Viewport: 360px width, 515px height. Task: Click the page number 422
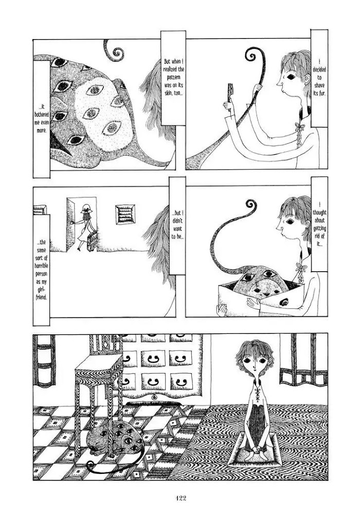(181, 498)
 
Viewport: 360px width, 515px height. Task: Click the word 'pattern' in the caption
(174, 78)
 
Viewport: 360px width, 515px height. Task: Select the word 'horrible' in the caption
(42, 265)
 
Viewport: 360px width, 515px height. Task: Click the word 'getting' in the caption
(319, 228)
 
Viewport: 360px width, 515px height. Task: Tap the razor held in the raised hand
(230, 93)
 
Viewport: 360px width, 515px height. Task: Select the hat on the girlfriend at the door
(86, 208)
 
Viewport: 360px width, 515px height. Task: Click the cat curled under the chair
(114, 437)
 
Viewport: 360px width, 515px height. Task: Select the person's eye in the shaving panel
(291, 77)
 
